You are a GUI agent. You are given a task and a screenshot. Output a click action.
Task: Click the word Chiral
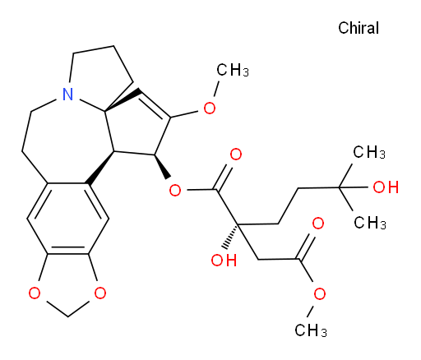359,28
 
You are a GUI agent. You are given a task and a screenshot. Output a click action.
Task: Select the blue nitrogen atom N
67,94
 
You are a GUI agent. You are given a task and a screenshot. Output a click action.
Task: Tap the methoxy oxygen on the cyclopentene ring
210,108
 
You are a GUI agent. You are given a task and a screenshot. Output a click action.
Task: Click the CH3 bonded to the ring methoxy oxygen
233,70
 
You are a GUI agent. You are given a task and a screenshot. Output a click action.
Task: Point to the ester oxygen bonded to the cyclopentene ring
175,190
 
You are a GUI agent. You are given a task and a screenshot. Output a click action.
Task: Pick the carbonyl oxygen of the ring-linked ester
236,155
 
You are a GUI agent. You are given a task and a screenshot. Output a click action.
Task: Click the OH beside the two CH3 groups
386,187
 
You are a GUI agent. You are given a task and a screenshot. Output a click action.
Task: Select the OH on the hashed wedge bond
224,260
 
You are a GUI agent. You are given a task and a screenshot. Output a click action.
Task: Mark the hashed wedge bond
232,237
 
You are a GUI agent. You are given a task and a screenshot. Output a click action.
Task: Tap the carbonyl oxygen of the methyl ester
318,224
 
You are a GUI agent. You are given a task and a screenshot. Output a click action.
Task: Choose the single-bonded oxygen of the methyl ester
320,294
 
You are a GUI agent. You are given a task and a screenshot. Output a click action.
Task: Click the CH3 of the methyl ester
311,330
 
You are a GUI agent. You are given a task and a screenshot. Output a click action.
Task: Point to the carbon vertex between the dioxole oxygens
67,317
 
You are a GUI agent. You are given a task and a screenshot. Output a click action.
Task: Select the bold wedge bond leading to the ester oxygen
161,167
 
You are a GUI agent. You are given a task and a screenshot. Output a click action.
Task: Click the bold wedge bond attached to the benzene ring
100,168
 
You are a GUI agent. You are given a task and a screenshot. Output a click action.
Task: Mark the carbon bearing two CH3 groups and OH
340,187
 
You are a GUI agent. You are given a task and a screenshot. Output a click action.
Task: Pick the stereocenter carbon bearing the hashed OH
238,224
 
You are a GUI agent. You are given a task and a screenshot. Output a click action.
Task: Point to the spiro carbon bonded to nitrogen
105,111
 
